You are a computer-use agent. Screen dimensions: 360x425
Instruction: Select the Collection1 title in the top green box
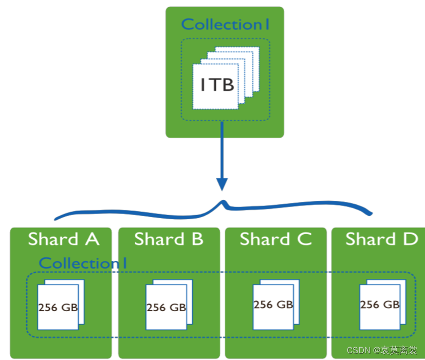point(226,24)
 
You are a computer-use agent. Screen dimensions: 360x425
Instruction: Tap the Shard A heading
point(63,239)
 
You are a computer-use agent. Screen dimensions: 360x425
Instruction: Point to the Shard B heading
point(169,239)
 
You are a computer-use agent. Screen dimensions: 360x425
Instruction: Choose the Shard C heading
point(275,239)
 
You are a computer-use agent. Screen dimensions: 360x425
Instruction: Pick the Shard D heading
point(381,239)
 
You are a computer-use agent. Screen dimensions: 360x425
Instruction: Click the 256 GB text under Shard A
point(58,308)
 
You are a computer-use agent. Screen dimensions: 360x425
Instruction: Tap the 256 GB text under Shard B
point(166,308)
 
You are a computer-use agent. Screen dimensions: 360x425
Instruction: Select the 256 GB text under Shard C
point(273,304)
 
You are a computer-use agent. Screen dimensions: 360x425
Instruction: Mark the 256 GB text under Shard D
point(380,305)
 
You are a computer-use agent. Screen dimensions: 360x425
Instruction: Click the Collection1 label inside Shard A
point(83,263)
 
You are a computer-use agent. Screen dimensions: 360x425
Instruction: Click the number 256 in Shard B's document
point(156,308)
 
